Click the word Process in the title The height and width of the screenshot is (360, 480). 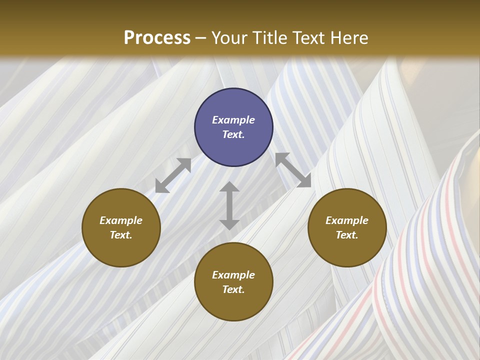157,38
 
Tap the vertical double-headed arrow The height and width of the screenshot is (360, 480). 229,205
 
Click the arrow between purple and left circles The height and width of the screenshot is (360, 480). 173,175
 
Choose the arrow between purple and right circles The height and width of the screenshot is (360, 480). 293,170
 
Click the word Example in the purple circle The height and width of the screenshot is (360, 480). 233,120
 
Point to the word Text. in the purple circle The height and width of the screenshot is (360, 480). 233,134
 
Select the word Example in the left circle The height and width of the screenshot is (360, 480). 121,220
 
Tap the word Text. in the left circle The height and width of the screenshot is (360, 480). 121,235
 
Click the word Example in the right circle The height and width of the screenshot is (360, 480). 347,220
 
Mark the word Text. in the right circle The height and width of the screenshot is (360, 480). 347,235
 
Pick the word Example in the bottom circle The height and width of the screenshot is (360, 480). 233,275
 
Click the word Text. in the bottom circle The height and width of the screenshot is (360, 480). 233,289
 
